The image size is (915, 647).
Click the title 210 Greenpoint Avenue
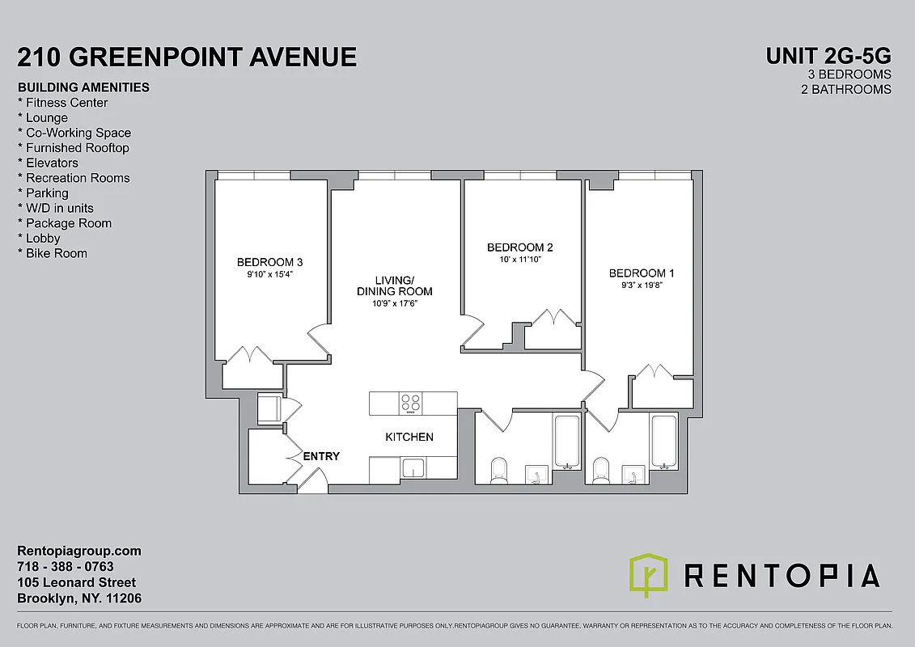[x=187, y=57]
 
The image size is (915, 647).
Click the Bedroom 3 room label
[x=269, y=262]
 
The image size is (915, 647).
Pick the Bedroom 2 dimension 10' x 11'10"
[x=519, y=260]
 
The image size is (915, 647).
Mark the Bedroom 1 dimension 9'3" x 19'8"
[x=642, y=285]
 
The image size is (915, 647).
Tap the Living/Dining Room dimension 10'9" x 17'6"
[x=395, y=304]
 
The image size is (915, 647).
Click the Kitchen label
[x=409, y=437]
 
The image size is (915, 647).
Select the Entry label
[x=321, y=456]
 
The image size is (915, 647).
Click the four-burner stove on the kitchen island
[x=411, y=402]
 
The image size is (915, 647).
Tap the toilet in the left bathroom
[x=498, y=469]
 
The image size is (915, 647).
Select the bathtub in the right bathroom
[x=664, y=442]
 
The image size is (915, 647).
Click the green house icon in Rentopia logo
[x=649, y=575]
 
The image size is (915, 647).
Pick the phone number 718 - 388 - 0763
[x=66, y=567]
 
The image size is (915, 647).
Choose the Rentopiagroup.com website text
[x=79, y=551]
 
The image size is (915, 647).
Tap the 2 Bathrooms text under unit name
[x=845, y=89]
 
